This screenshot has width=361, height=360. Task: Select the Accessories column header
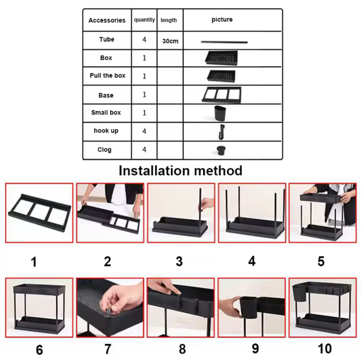point(107,20)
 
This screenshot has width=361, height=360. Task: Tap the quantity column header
point(144,20)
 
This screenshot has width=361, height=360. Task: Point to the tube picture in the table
point(224,42)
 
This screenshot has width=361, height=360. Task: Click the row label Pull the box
point(107,75)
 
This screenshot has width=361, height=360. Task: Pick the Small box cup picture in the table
point(220,113)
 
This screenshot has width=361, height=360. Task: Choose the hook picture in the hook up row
point(221,132)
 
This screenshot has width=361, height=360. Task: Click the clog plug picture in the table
point(221,150)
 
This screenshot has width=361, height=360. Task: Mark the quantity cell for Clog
point(144,150)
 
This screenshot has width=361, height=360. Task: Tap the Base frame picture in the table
point(222,95)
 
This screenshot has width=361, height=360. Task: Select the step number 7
point(108,349)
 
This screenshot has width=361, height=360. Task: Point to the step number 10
point(325,349)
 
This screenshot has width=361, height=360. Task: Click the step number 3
point(179,262)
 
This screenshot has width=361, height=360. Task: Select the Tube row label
point(107,40)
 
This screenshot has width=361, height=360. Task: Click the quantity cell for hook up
point(144,131)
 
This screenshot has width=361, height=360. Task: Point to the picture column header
point(222,20)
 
